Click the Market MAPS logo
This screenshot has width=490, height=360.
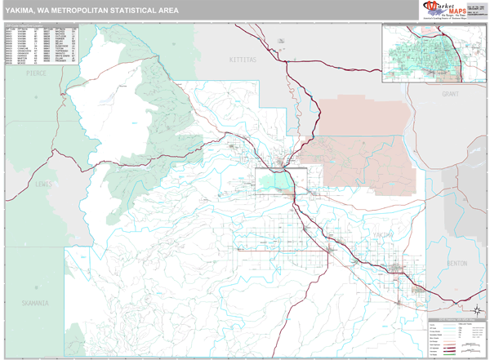tap(446, 10)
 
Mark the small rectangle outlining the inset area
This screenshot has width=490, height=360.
tap(281, 182)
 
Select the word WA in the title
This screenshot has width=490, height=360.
tap(55, 9)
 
